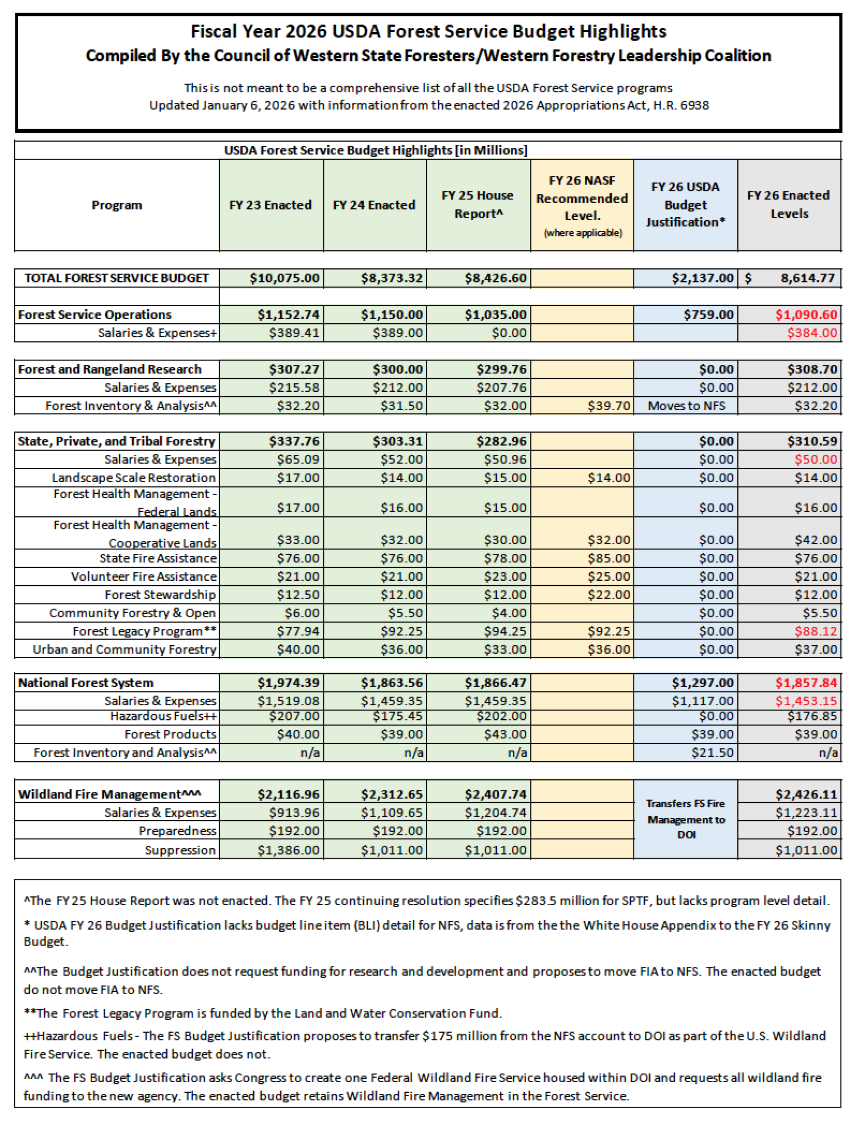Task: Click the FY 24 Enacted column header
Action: tap(374, 205)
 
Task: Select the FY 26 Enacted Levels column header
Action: tap(789, 204)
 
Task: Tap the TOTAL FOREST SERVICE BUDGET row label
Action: tap(117, 278)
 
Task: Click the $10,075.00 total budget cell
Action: tap(284, 278)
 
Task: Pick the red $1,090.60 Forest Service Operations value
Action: tap(806, 315)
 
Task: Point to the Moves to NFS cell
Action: tap(686, 406)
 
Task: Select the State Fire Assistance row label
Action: tap(158, 558)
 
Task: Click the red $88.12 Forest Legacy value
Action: tap(816, 632)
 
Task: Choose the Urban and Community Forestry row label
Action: tap(124, 650)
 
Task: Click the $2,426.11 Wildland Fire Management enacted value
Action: tap(806, 794)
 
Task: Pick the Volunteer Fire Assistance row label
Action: tap(144, 576)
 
